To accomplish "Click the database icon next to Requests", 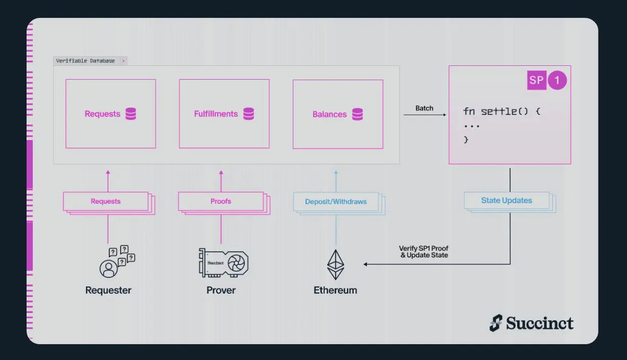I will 131,114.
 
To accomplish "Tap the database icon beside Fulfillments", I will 249,114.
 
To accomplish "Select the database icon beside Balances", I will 358,114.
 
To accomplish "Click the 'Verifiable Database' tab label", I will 86,61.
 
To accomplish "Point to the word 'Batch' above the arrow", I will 424,108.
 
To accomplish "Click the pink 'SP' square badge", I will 537,80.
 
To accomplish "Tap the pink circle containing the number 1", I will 558,80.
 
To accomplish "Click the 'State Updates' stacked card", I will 506,201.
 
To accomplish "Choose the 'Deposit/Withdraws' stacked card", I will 336,202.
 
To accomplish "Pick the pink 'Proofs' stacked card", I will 221,201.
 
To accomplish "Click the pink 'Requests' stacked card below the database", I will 106,201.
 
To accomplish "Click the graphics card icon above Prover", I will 224,262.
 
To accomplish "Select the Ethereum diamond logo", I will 336,264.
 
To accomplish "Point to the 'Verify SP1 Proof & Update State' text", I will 424,252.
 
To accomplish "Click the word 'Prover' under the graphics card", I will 221,290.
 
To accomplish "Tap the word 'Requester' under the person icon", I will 108,290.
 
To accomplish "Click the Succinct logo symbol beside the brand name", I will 496,323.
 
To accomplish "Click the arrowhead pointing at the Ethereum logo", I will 366,264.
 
